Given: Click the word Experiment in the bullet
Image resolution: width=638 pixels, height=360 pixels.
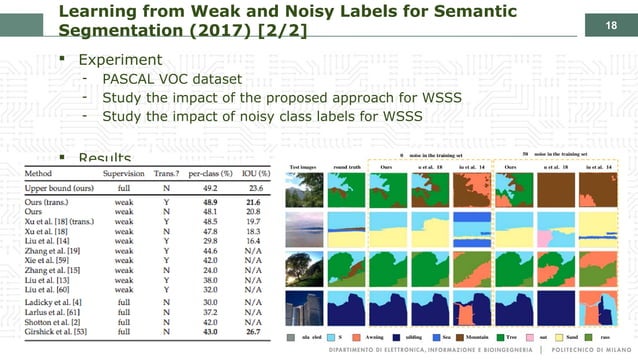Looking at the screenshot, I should tap(121, 60).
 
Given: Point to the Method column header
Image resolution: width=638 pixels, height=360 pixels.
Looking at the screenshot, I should tap(39, 173).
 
